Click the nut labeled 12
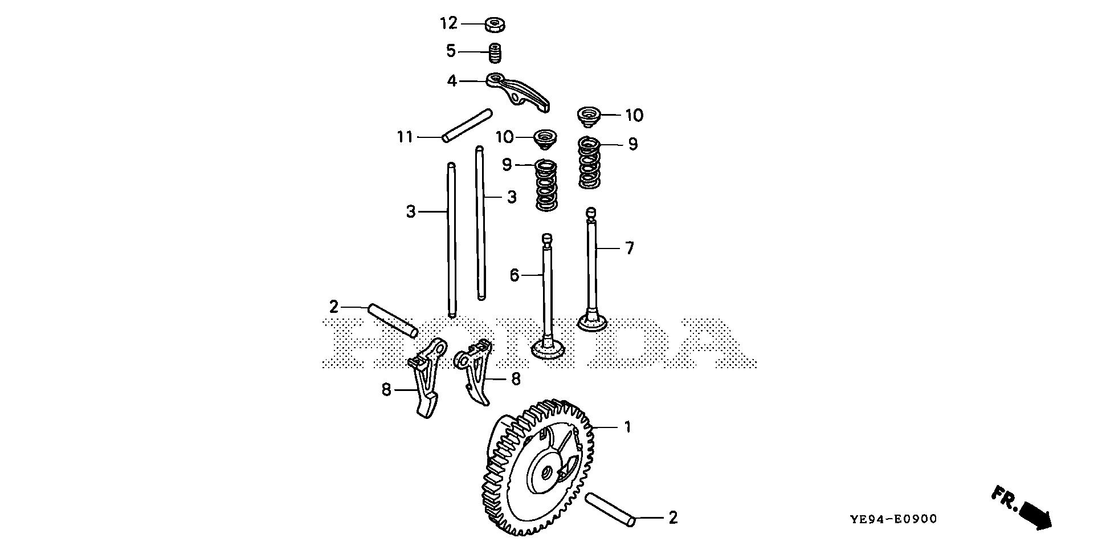pyautogui.click(x=496, y=25)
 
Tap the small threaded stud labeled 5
pyautogui.click(x=496, y=53)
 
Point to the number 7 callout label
pyautogui.click(x=629, y=248)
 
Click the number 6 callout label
pyautogui.click(x=514, y=276)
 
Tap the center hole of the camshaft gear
pyautogui.click(x=545, y=472)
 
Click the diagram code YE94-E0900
pyautogui.click(x=893, y=519)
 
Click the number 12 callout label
pyautogui.click(x=448, y=24)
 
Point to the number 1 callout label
pyautogui.click(x=627, y=427)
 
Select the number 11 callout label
pyautogui.click(x=405, y=137)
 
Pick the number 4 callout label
pyautogui.click(x=452, y=82)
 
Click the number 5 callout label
pyautogui.click(x=451, y=52)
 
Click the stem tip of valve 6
pyautogui.click(x=546, y=238)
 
